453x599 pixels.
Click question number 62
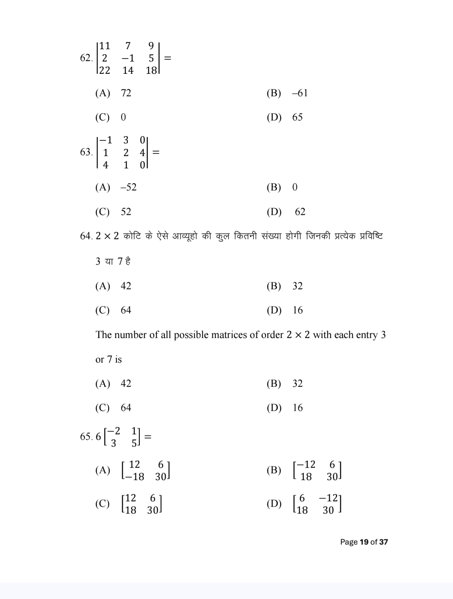85,58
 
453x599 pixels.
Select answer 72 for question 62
126,93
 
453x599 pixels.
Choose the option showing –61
300,93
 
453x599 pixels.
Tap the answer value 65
297,117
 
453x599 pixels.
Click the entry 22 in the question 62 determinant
104,70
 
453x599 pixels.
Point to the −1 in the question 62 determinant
127,58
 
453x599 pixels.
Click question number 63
85,152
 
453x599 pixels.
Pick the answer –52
128,187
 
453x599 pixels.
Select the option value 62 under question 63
300,212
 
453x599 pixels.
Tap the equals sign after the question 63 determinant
156,152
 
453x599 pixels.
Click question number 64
85,236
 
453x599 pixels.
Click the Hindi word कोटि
132,236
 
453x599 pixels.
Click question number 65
85,437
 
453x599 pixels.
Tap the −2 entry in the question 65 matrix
113,431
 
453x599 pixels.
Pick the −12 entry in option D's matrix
330,498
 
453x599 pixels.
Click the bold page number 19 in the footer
364,542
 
